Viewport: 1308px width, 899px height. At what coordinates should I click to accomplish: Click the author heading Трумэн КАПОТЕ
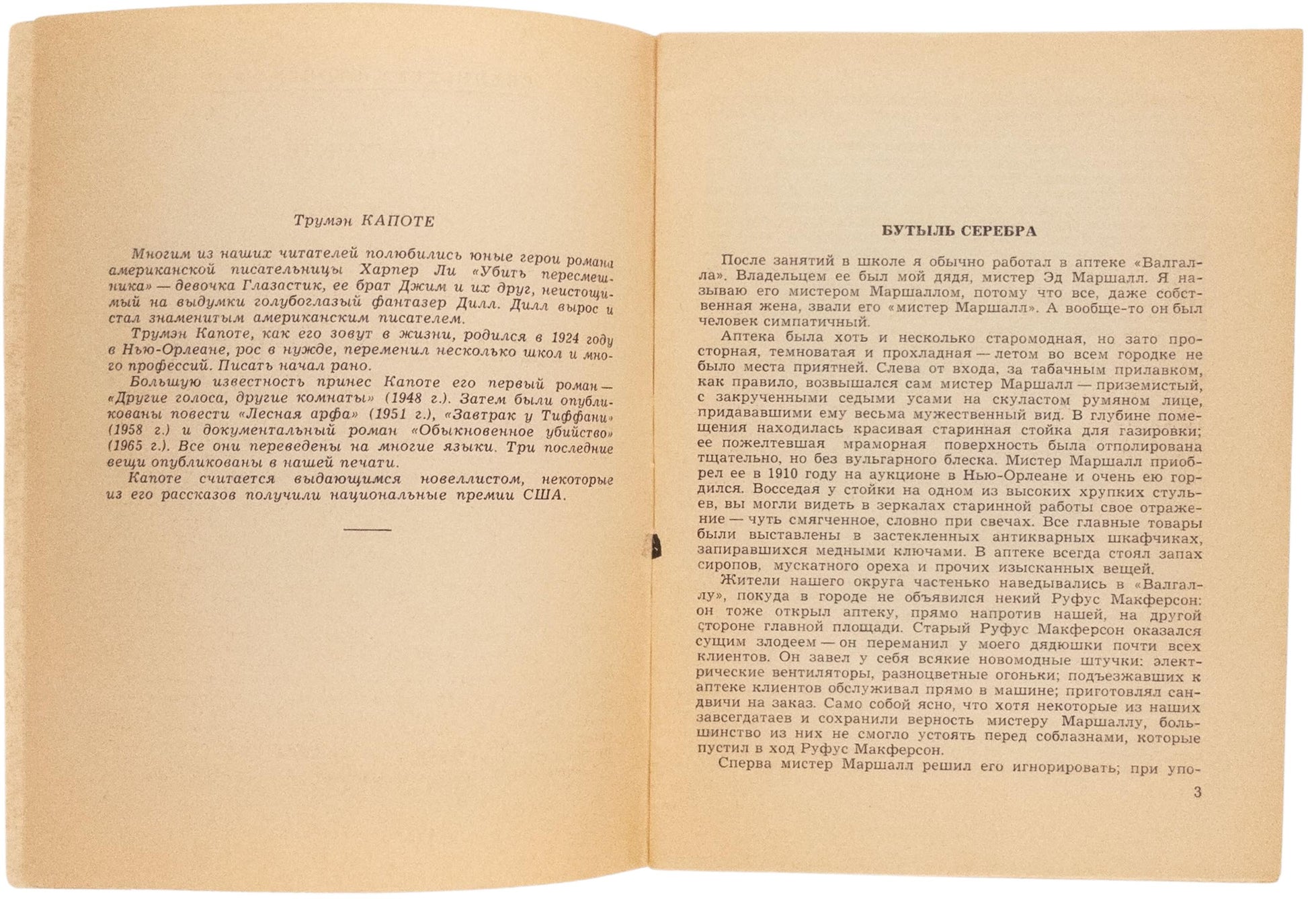click(364, 221)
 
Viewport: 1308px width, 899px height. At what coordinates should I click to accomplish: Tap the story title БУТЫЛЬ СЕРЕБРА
click(959, 231)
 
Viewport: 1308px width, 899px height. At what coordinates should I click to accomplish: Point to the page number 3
click(1197, 793)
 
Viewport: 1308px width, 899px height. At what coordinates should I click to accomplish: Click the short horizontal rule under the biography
click(367, 529)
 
